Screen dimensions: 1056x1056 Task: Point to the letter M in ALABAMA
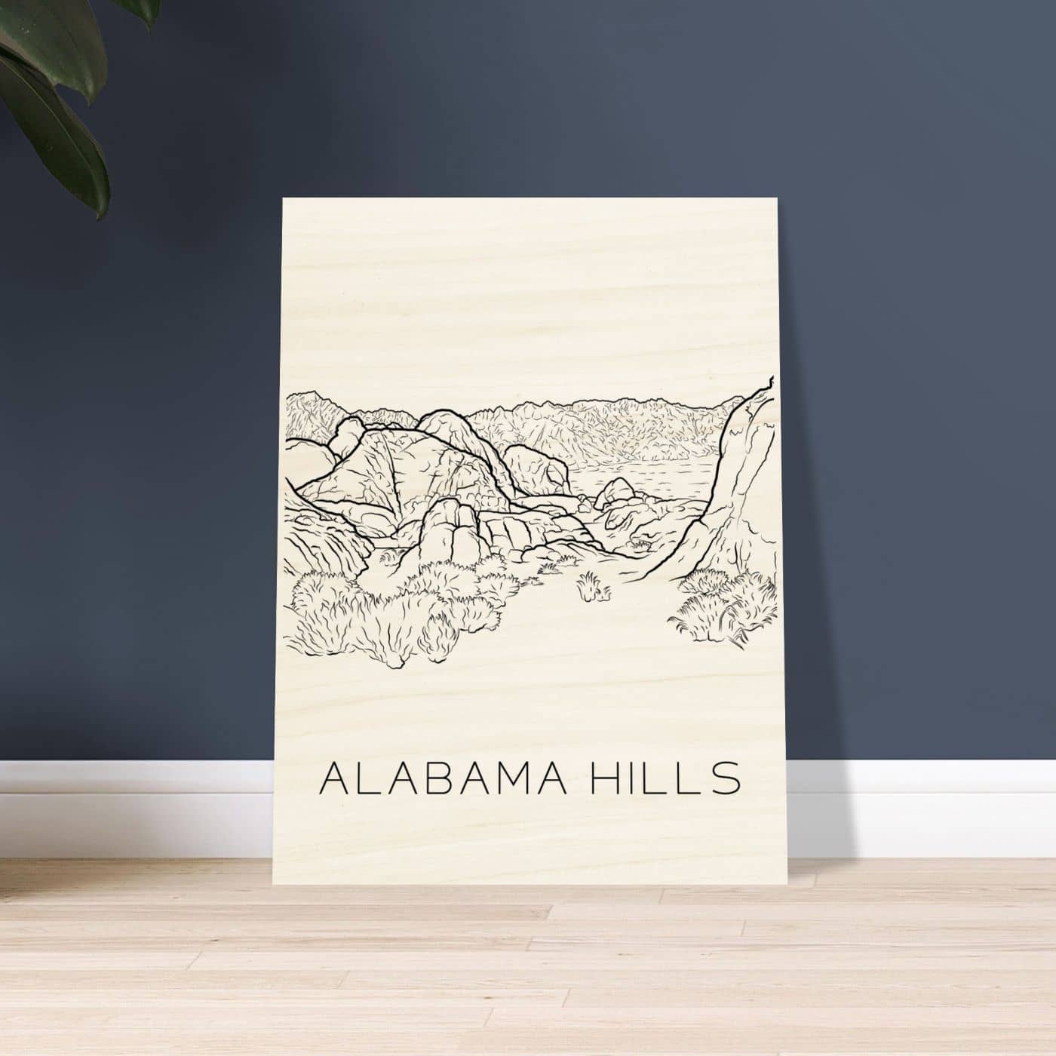514,778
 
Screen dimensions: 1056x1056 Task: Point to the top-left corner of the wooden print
284,198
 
